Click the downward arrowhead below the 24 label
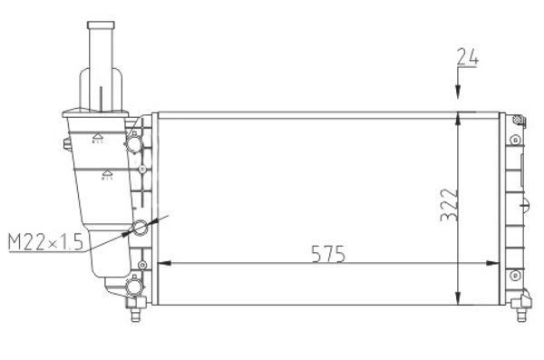click(459, 94)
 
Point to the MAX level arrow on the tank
click(95, 138)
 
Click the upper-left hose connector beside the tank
click(135, 144)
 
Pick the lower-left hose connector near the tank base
click(134, 287)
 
